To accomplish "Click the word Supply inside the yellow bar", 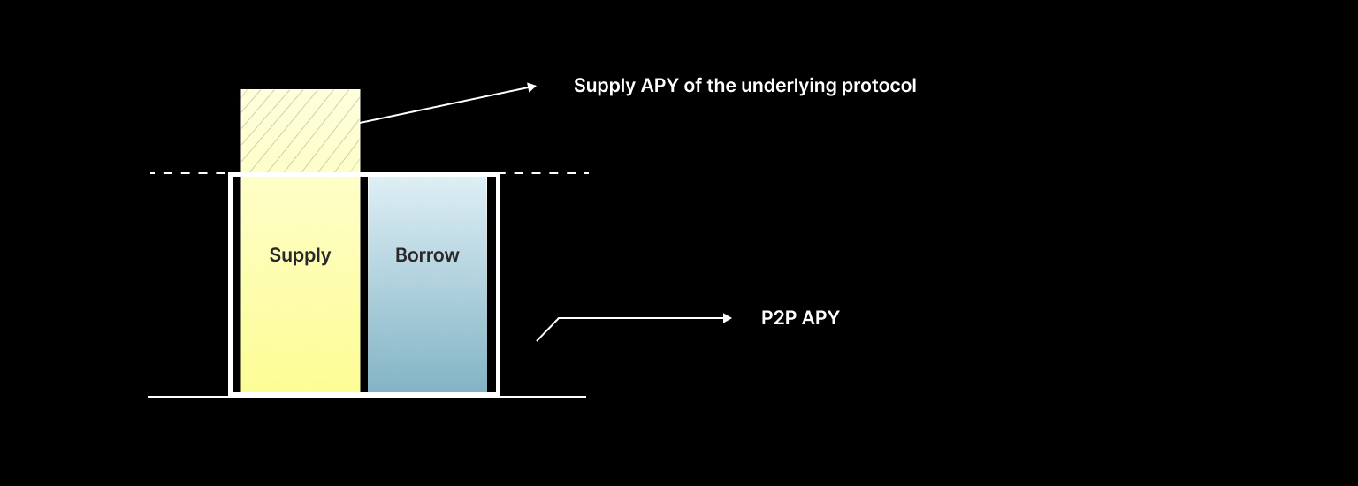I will pos(300,255).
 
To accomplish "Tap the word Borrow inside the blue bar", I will pos(427,255).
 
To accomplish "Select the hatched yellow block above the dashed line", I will pos(301,131).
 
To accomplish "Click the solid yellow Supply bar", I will pos(301,336).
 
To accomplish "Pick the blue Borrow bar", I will pos(427,336).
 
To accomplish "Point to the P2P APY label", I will pos(800,318).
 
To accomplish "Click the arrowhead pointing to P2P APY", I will pos(727,318).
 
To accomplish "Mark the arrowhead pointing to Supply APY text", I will pos(530,86).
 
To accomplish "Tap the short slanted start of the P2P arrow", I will pos(547,330).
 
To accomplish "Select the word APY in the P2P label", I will pos(821,318).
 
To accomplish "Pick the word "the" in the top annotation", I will pos(721,87).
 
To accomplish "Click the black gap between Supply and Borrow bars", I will pos(363,283).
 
